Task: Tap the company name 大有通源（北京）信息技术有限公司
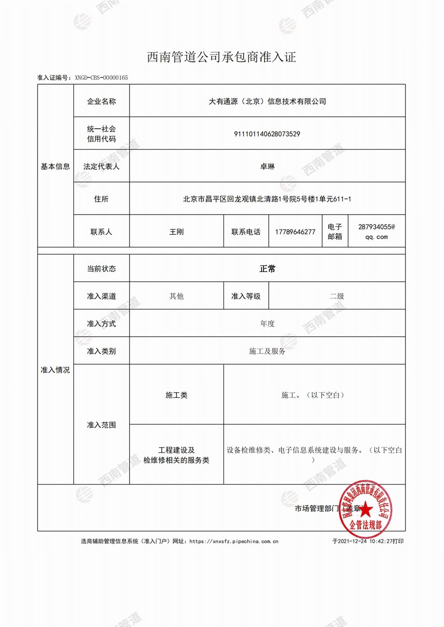267,101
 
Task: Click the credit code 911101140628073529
267,134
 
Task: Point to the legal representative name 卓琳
267,166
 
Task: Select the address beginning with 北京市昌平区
267,198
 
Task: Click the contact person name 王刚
176,231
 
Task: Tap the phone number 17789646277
295,231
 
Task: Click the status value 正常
267,269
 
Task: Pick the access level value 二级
337,296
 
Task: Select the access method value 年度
267,324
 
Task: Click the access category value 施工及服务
267,351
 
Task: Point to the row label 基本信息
55,166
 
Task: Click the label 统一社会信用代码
101,134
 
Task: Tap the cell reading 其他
176,296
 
